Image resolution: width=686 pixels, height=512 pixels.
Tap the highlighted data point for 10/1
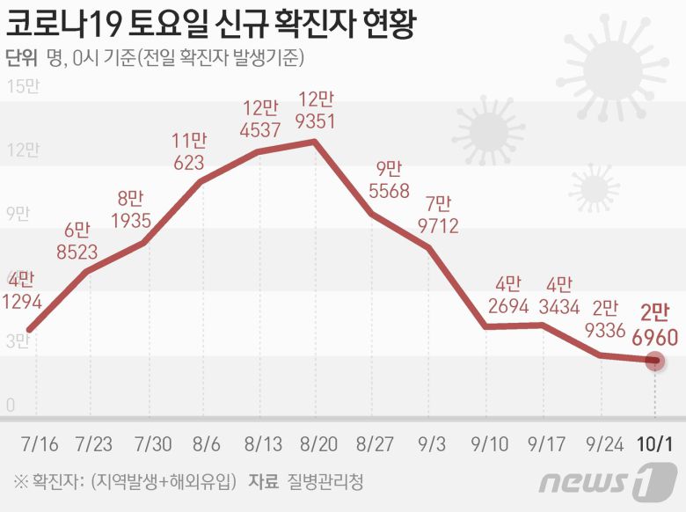point(654,360)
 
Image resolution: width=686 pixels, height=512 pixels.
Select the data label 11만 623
point(188,150)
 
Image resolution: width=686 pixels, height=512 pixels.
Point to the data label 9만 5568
point(388,179)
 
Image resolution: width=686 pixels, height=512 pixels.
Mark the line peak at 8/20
point(314,141)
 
